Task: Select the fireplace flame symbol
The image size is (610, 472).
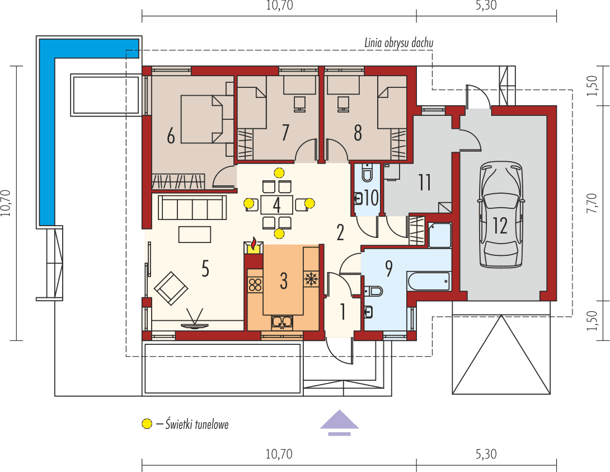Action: (254, 245)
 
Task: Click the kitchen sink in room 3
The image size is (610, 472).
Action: (283, 321)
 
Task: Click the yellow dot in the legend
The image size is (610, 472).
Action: (147, 424)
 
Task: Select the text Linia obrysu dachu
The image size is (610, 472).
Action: (399, 43)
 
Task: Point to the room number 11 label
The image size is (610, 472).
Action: (424, 183)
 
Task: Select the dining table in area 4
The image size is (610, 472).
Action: (276, 204)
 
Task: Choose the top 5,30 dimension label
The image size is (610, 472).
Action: (486, 6)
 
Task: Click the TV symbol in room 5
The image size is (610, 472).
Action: (195, 322)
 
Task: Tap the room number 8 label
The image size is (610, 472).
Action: (358, 133)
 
